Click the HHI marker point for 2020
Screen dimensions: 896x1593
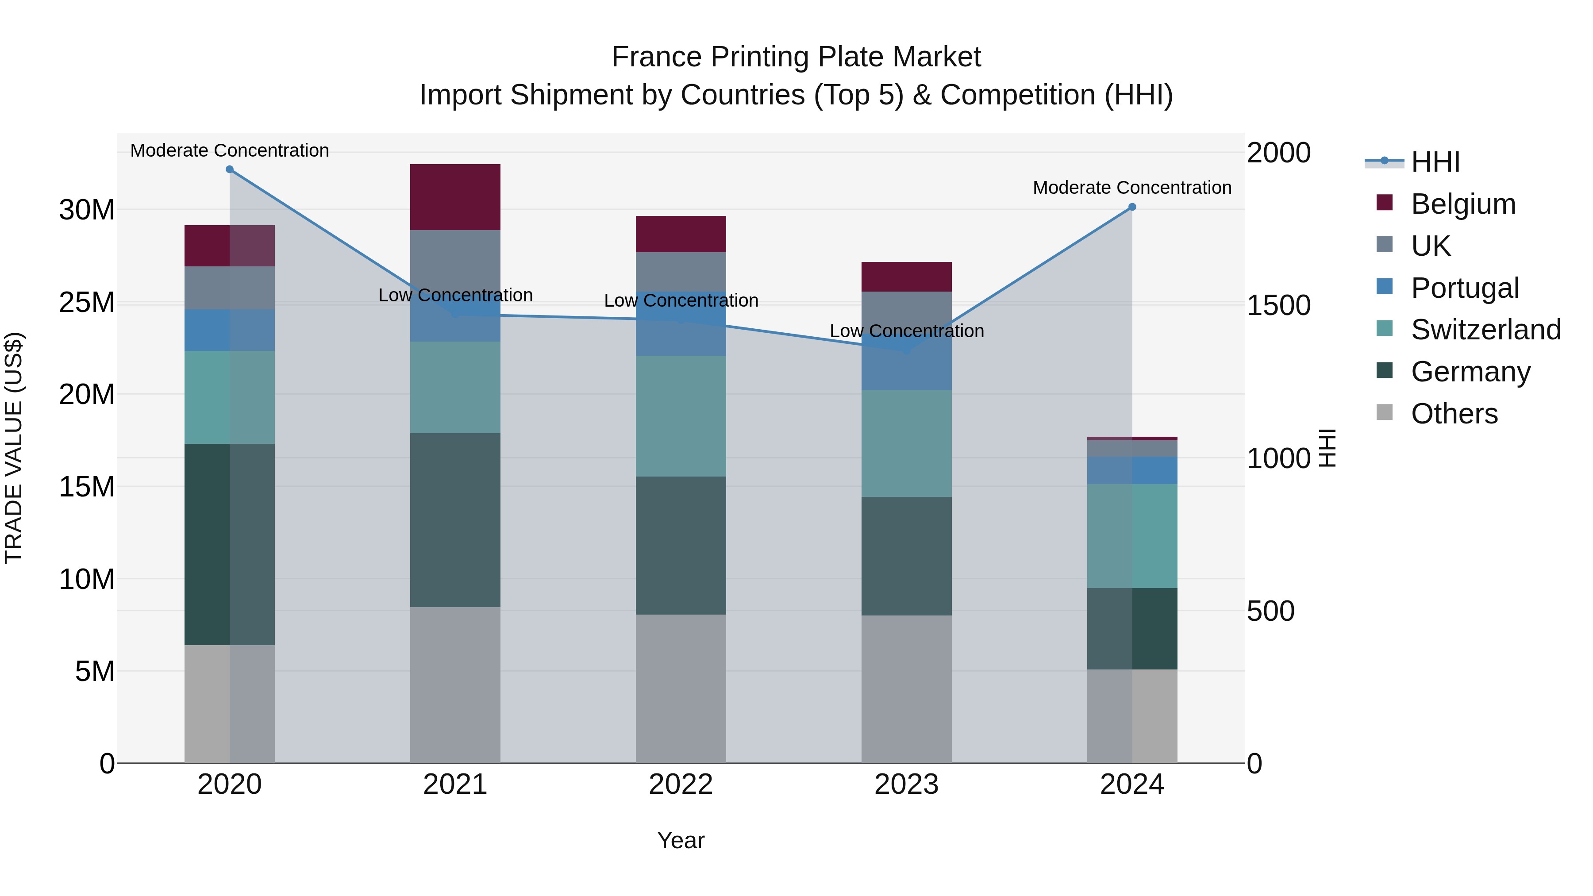click(229, 169)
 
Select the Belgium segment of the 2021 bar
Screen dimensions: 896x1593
click(455, 197)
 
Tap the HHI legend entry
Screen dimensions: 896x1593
click(1435, 162)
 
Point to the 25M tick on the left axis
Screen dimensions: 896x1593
click(87, 302)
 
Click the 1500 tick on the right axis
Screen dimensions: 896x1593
click(1278, 305)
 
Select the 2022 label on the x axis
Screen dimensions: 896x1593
click(681, 784)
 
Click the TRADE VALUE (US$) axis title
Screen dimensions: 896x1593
click(14, 448)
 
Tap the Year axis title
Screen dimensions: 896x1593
click(681, 840)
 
